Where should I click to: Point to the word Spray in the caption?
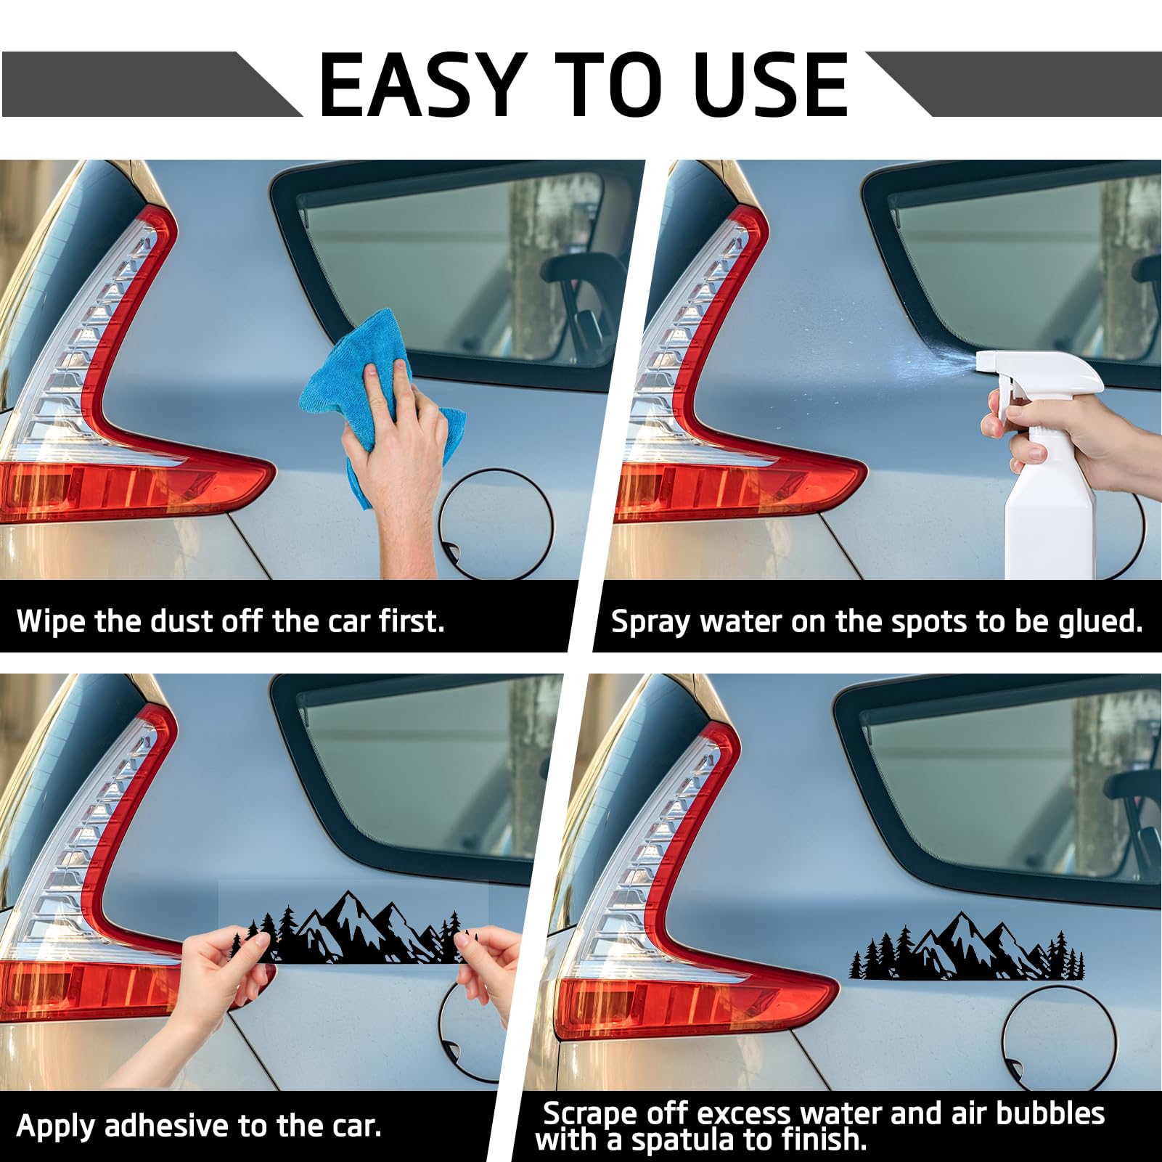[650, 623]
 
